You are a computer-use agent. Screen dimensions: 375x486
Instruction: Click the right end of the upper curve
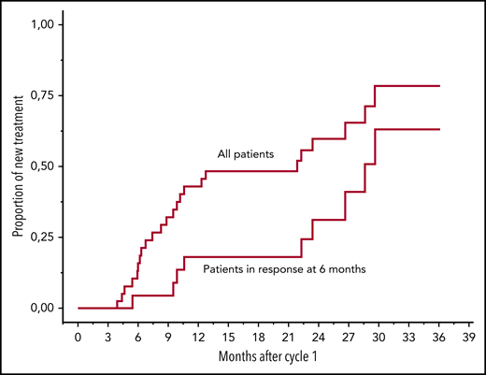[439, 86]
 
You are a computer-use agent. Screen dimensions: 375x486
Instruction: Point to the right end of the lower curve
[439, 129]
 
